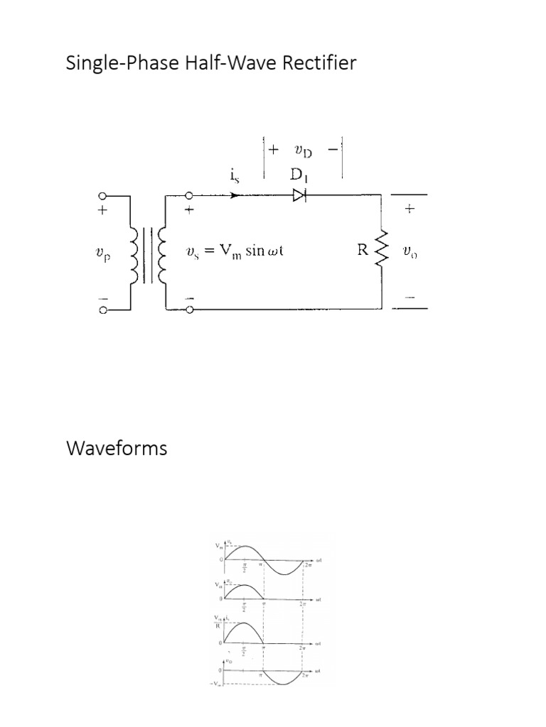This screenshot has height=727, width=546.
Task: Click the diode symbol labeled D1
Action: click(x=299, y=195)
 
